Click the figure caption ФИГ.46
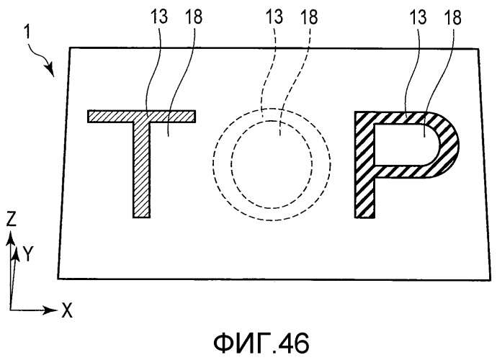click(261, 344)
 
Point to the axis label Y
click(28, 253)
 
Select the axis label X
click(66, 310)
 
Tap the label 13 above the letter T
click(158, 17)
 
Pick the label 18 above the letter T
click(193, 17)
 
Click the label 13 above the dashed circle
click(274, 17)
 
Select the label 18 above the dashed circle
click(309, 17)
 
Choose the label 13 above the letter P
click(418, 17)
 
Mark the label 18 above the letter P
click(452, 17)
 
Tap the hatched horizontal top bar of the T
click(141, 117)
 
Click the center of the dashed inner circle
click(272, 164)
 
